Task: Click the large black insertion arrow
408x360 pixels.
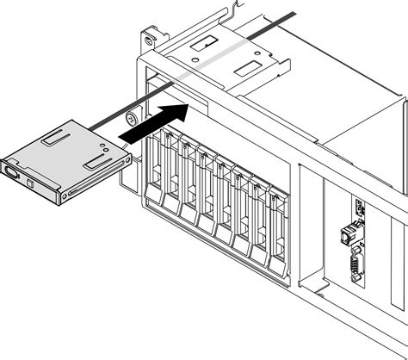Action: coord(154,122)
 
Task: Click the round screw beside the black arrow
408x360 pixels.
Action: coord(132,119)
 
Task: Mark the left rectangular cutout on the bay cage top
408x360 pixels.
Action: coord(206,44)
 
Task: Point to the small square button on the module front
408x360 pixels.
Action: coord(32,183)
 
